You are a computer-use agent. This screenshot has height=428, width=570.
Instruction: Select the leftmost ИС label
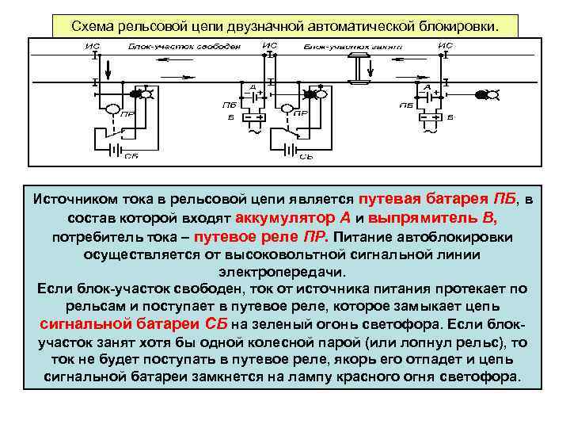93,46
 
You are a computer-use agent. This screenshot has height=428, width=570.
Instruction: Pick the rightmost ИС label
445,46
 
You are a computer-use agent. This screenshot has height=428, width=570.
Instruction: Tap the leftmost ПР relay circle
112,109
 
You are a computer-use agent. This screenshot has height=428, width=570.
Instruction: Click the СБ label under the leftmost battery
132,156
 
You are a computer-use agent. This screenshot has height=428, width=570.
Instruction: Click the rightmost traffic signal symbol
487,95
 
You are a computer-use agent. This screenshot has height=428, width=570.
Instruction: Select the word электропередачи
284,271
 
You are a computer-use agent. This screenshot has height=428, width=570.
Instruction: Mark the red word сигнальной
82,323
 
